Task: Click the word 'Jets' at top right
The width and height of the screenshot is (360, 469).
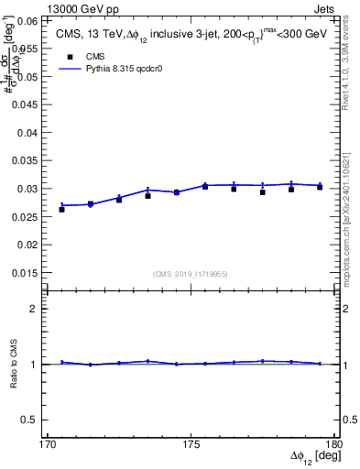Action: tap(325, 6)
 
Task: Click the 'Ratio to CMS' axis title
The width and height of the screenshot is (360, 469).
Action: tap(14, 365)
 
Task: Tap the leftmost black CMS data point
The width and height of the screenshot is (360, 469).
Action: tap(61, 210)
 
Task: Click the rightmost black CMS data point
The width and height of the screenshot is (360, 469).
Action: tap(319, 187)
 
